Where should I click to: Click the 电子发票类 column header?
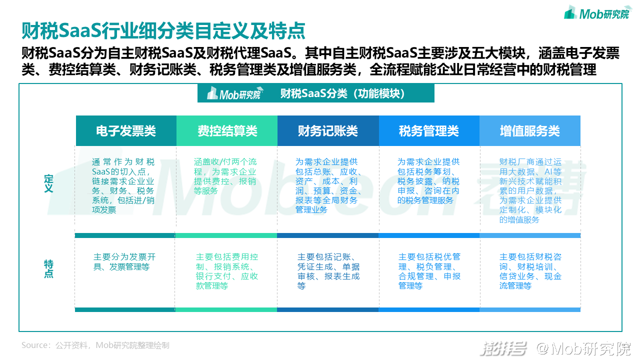pyautogui.click(x=126, y=131)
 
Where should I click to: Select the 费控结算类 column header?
pyautogui.click(x=227, y=131)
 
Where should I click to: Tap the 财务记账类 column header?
pyautogui.click(x=328, y=131)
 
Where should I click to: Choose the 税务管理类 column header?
pyautogui.click(x=429, y=131)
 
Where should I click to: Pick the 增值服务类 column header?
pyautogui.click(x=530, y=131)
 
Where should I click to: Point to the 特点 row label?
pyautogui.click(x=48, y=268)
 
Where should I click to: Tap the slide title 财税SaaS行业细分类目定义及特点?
pyautogui.click(x=163, y=31)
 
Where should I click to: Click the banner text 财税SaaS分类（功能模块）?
pyautogui.click(x=342, y=93)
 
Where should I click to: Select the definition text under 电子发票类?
pyautogui.click(x=124, y=186)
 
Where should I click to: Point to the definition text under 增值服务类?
pyautogui.click(x=530, y=190)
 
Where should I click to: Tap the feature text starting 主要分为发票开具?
pyautogui.click(x=124, y=262)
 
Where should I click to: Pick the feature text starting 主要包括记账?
pyautogui.click(x=328, y=271)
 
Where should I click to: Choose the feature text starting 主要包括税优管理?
pyautogui.click(x=429, y=271)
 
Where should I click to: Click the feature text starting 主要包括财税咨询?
pyautogui.click(x=530, y=271)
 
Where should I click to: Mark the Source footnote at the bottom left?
pyautogui.click(x=95, y=345)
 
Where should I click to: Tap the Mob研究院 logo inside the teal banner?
pyautogui.click(x=234, y=93)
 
